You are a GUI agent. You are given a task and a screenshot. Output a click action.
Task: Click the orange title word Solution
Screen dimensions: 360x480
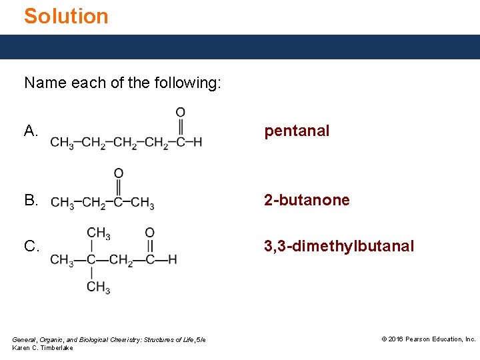pos(66,16)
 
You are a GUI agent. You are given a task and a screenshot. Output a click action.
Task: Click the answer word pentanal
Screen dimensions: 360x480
pos(297,131)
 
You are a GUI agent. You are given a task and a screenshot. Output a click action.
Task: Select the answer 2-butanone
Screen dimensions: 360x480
pos(307,200)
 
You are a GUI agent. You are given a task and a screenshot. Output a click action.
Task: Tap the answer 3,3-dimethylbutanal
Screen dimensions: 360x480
pos(339,246)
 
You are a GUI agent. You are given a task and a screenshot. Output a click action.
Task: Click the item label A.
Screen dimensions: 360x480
pos(31,131)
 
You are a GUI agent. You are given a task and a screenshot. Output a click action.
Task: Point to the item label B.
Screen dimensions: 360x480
pos(31,200)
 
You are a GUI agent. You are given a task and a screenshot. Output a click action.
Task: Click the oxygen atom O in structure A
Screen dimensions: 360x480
pos(181,113)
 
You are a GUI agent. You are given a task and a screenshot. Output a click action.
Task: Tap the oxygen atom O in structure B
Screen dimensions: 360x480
pos(118,173)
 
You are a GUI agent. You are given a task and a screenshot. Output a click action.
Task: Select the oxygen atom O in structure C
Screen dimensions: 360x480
pos(149,233)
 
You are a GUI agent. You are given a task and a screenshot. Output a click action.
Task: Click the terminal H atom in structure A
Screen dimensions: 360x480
pos(197,142)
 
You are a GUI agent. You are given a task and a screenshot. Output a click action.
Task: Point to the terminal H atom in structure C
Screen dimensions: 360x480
pos(173,259)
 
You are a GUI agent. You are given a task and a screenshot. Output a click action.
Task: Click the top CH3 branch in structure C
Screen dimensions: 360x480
pos(98,233)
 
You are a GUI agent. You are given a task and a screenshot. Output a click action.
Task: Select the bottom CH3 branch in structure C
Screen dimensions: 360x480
pos(98,287)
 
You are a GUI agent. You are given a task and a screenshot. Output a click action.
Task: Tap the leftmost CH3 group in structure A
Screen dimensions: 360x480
pos(61,143)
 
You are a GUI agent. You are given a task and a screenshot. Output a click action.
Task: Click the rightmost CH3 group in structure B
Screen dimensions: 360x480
pos(143,203)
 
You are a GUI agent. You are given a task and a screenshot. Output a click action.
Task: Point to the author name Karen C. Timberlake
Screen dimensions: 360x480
pos(43,348)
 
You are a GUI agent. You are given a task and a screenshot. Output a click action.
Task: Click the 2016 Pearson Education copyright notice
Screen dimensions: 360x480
pos(428,339)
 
